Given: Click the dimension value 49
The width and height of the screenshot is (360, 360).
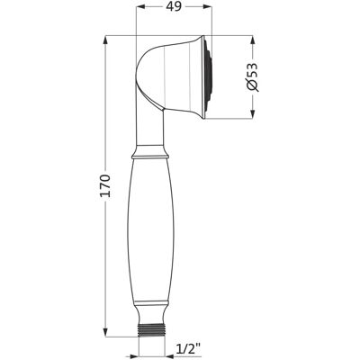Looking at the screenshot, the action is [x=175, y=7].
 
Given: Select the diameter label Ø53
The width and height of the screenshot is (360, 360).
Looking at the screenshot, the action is [x=252, y=77].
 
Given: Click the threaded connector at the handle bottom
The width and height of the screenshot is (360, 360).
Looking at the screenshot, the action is [x=152, y=330].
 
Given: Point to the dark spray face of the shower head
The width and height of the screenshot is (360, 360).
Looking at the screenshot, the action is [x=209, y=77].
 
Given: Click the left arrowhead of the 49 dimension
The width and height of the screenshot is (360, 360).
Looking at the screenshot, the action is [x=140, y=7].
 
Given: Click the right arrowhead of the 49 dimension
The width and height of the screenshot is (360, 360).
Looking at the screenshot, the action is [x=208, y=7].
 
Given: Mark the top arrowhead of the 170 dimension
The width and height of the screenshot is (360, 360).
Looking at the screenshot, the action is [x=105, y=40].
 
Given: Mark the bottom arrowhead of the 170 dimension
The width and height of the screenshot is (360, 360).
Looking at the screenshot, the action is [x=105, y=332].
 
